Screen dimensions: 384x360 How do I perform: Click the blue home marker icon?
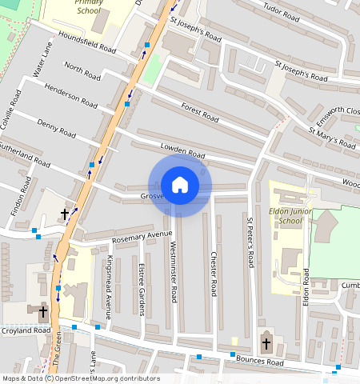180,186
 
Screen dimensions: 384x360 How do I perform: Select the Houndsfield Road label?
86,46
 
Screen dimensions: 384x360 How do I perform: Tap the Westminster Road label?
173,272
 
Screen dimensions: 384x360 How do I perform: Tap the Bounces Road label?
260,362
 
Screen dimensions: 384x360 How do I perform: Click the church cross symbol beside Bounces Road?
266,344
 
